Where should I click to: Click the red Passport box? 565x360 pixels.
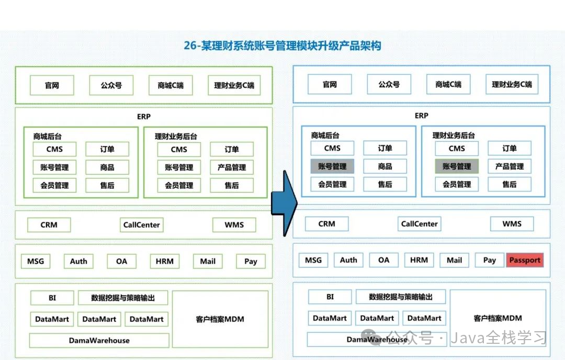click(x=524, y=260)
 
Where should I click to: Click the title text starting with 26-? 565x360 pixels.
click(x=282, y=46)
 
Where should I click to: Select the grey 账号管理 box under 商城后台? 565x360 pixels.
click(x=332, y=166)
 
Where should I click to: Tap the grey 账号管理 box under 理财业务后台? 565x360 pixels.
click(x=456, y=166)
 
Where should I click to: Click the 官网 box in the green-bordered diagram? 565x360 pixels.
click(x=52, y=85)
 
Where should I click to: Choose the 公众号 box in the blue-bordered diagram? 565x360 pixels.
click(x=389, y=84)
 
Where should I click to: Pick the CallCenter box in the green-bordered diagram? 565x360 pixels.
click(x=141, y=225)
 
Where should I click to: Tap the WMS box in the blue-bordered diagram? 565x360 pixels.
click(x=512, y=224)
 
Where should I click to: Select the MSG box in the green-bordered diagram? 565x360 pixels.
click(x=36, y=261)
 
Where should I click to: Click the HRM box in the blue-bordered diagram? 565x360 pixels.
click(x=419, y=260)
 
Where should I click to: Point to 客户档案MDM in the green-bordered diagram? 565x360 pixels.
click(x=220, y=319)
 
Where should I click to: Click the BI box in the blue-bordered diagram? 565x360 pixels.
click(x=330, y=297)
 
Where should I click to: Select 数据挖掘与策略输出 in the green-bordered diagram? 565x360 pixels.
click(x=123, y=298)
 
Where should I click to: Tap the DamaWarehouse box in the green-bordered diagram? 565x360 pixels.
click(x=99, y=341)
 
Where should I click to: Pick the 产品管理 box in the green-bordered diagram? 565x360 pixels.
click(x=232, y=167)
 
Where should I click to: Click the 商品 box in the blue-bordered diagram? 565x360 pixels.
click(x=385, y=166)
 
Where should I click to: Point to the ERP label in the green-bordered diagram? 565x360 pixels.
click(x=143, y=116)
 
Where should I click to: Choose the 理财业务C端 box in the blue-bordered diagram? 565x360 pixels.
click(x=512, y=84)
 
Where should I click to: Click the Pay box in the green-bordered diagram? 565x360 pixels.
click(x=251, y=261)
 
